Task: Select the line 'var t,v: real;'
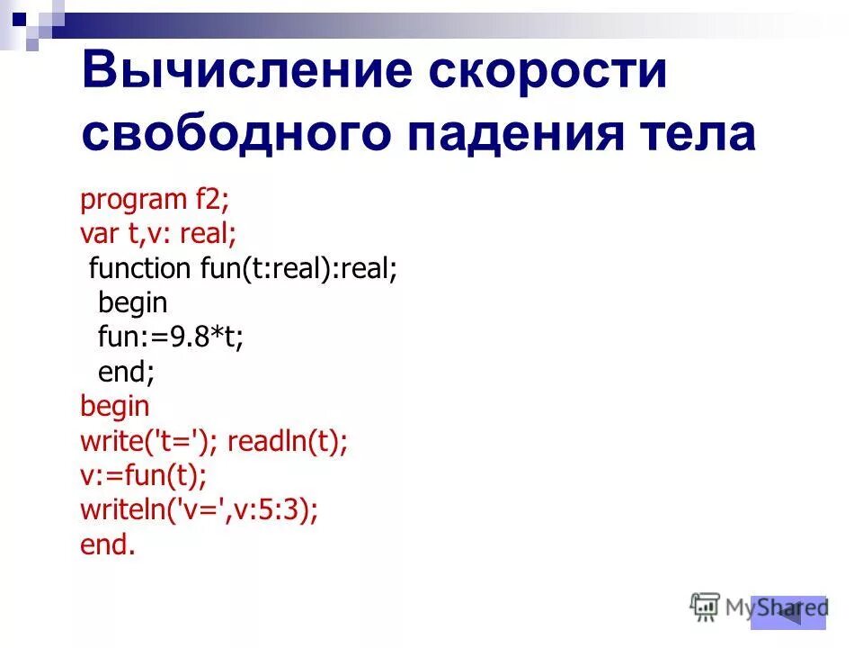pyautogui.click(x=158, y=234)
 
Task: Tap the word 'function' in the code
pyautogui.click(x=140, y=268)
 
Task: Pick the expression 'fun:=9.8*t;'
pyautogui.click(x=171, y=337)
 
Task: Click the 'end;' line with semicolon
pyautogui.click(x=126, y=372)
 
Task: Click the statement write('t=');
pyautogui.click(x=149, y=441)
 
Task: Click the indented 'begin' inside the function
pyautogui.click(x=133, y=303)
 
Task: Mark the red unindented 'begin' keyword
pyautogui.click(x=115, y=407)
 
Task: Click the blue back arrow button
pyautogui.click(x=788, y=612)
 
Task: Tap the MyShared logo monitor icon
pyautogui.click(x=705, y=605)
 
